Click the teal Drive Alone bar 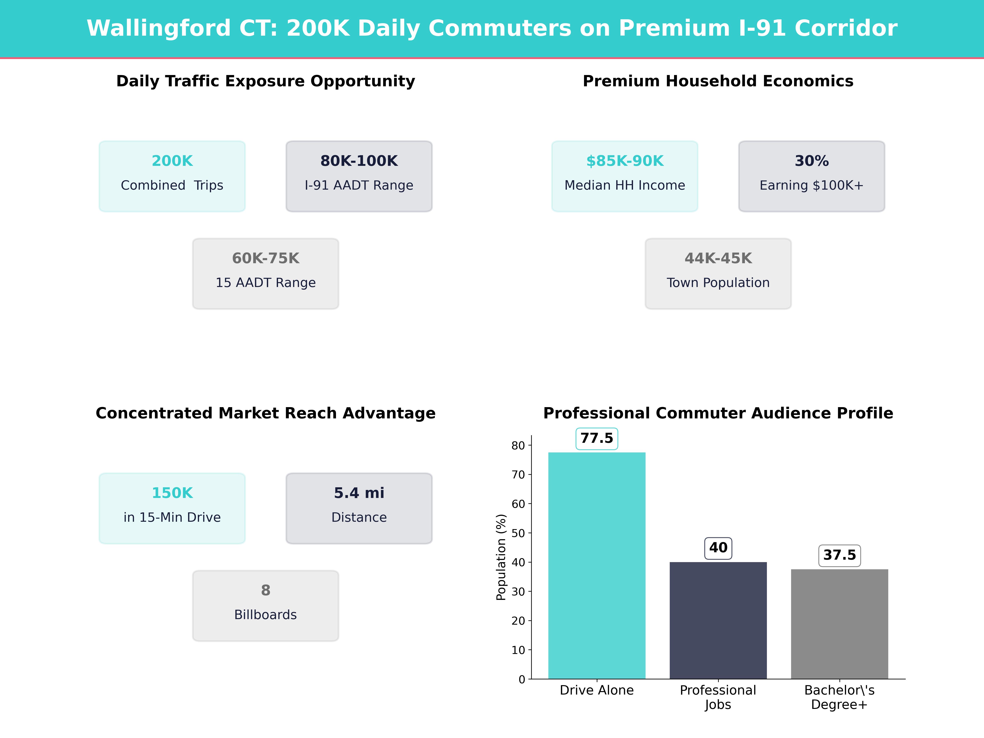pyautogui.click(x=597, y=565)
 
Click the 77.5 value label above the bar pyautogui.click(x=597, y=438)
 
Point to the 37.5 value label pyautogui.click(x=839, y=555)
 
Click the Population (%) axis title pyautogui.click(x=501, y=557)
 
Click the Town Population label pyautogui.click(x=718, y=283)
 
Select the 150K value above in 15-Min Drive pyautogui.click(x=172, y=493)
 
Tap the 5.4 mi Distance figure pyautogui.click(x=359, y=493)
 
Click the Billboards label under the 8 pyautogui.click(x=265, y=615)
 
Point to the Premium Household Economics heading pyautogui.click(x=718, y=81)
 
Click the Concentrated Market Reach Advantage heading pyautogui.click(x=265, y=413)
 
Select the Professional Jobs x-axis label pyautogui.click(x=718, y=697)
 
